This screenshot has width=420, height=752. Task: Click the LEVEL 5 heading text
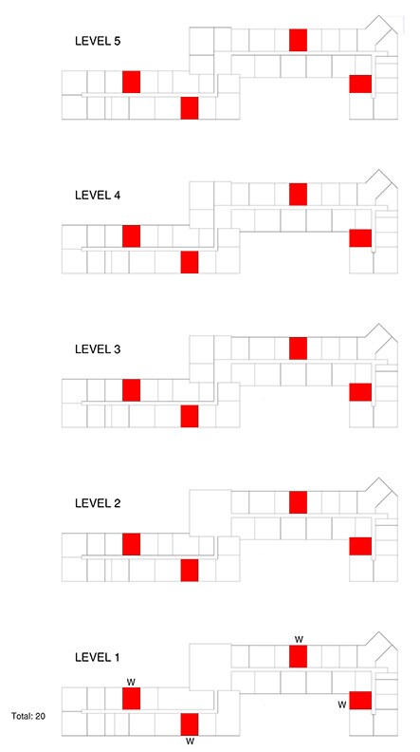[x=98, y=41]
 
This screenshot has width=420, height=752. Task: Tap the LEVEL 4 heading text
[x=98, y=196]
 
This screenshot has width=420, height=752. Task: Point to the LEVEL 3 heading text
[x=98, y=349]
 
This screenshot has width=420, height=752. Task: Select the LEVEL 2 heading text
[x=98, y=503]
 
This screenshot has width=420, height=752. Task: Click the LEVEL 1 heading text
[x=98, y=657]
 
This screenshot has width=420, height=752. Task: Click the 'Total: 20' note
[x=28, y=717]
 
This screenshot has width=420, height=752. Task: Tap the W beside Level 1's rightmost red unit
[x=342, y=705]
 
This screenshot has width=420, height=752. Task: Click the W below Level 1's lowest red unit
[x=190, y=742]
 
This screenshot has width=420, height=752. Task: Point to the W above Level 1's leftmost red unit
[x=131, y=682]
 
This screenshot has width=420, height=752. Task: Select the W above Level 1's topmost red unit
[x=299, y=639]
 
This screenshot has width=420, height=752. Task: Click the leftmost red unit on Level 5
[x=131, y=82]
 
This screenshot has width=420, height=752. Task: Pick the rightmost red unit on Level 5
[x=360, y=84]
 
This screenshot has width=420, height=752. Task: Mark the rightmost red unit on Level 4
[x=360, y=238]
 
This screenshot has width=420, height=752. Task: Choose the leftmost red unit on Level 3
[x=131, y=390]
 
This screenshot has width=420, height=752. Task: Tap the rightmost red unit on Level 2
[x=360, y=546]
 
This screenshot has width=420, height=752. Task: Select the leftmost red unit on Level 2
[x=131, y=544]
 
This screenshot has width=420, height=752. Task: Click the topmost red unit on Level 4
[x=298, y=194]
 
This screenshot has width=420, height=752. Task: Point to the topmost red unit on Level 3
[x=298, y=348]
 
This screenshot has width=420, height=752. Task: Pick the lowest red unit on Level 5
[x=190, y=108]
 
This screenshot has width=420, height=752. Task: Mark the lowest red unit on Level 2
[x=190, y=570]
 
